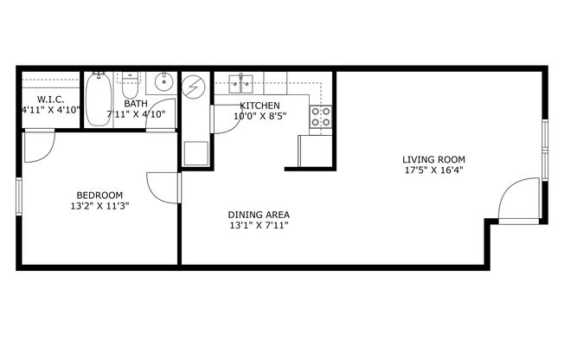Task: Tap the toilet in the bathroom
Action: click(x=131, y=87)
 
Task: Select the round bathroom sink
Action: click(x=163, y=84)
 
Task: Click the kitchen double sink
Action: click(x=240, y=84)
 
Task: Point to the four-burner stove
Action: click(x=321, y=117)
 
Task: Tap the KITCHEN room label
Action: click(x=260, y=106)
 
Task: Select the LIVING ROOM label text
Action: click(x=433, y=159)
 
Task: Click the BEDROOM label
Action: click(x=99, y=195)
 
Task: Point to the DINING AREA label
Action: click(x=258, y=215)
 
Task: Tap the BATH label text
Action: click(x=135, y=104)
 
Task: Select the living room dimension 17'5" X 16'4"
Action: click(x=433, y=170)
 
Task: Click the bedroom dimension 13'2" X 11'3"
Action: click(x=99, y=206)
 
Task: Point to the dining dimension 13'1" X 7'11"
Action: click(x=258, y=226)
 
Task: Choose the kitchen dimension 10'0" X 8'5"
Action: click(x=259, y=116)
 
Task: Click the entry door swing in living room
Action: click(x=519, y=202)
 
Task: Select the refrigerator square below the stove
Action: click(x=315, y=151)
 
